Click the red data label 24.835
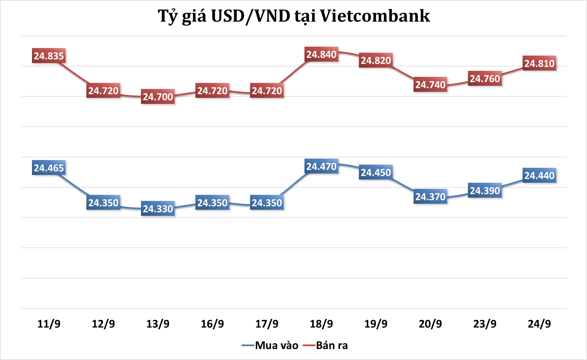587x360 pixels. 49,56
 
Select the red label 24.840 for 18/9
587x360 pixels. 321,54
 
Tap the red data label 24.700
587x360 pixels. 158,97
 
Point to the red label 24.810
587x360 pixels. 539,63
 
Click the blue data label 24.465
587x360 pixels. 49,168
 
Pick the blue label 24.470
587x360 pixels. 321,166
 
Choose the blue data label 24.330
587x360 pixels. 158,209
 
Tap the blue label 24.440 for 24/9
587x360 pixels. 539,175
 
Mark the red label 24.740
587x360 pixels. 430,85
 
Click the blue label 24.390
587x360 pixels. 485,191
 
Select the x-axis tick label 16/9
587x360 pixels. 212,324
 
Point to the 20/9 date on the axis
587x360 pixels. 430,324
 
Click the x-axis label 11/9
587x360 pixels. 49,324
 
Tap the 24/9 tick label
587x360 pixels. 539,324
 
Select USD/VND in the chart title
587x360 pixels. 251,16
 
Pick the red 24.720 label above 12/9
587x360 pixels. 103,91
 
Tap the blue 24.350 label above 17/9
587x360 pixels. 267,203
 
